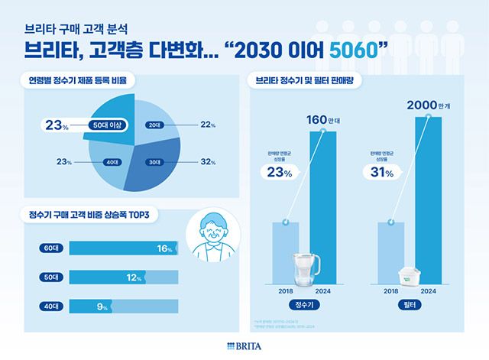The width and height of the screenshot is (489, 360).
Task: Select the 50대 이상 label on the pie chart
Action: (106, 125)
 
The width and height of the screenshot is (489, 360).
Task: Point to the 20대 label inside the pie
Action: (154, 125)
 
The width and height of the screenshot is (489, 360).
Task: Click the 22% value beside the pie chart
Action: (208, 125)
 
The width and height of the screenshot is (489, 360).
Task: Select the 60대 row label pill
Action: (51, 248)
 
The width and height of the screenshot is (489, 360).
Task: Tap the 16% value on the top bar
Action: (163, 248)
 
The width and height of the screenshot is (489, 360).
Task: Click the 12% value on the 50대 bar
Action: (134, 277)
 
